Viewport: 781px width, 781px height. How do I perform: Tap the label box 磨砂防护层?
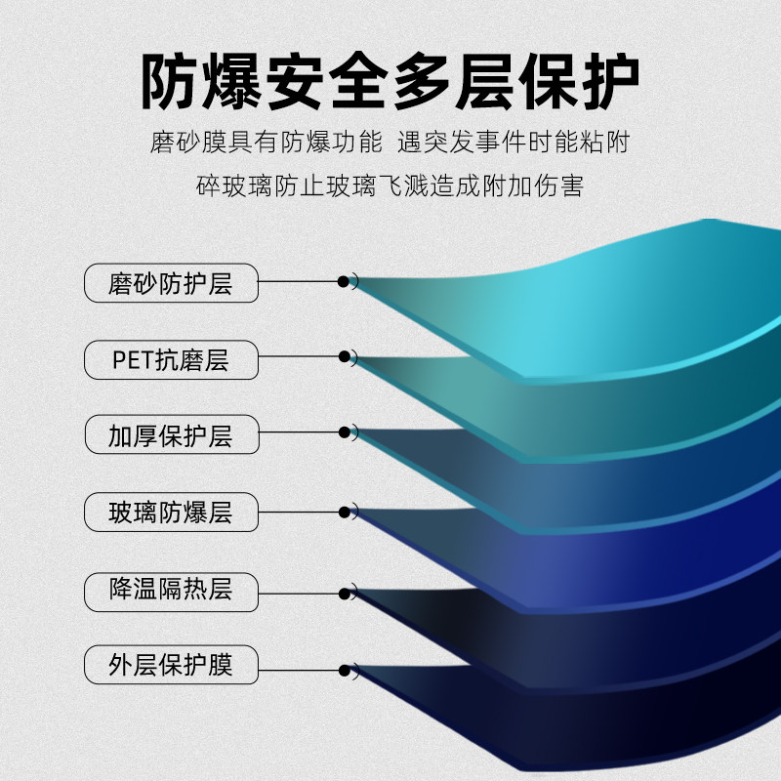tap(171, 283)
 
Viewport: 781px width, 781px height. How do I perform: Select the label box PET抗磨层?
tap(171, 360)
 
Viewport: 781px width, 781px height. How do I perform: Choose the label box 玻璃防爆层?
tap(171, 513)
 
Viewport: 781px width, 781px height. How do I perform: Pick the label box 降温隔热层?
tap(171, 589)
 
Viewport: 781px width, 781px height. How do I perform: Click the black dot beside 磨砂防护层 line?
tap(344, 281)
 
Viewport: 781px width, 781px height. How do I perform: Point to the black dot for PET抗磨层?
tap(344, 357)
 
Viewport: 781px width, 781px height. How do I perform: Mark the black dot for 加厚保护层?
tap(344, 432)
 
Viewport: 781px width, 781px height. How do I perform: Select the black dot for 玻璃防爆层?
tap(344, 511)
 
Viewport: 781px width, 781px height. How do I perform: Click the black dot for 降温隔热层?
tap(344, 593)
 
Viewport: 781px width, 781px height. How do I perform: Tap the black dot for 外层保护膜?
tap(344, 670)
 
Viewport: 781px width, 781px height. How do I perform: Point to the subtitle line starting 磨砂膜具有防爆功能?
tap(390, 144)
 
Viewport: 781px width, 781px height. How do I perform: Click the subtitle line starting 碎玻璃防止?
tap(390, 185)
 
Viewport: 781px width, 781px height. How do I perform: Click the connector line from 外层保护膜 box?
tap(298, 670)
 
